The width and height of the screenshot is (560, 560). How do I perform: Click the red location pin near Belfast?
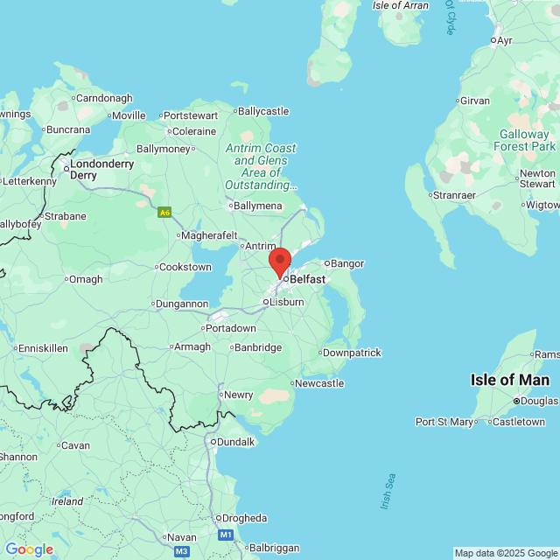(x=279, y=262)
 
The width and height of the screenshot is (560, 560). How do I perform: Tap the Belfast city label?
(x=306, y=279)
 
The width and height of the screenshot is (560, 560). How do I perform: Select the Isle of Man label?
(x=510, y=380)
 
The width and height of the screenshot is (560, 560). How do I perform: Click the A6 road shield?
(x=164, y=212)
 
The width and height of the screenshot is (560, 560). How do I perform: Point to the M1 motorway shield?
(x=226, y=535)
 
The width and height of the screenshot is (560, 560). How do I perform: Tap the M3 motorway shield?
(x=181, y=551)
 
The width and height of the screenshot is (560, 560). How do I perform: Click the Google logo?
(x=29, y=549)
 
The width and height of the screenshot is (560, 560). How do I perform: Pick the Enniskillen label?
(x=42, y=348)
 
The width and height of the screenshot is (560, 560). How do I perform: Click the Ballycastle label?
(x=262, y=111)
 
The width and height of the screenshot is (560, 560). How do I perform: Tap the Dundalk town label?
(x=234, y=442)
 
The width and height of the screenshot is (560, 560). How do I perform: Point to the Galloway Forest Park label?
(x=525, y=140)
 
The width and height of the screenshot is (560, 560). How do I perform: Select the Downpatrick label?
(x=352, y=353)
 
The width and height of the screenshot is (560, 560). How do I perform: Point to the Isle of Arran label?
(x=401, y=5)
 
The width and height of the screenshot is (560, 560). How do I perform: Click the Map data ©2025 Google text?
(x=506, y=553)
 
